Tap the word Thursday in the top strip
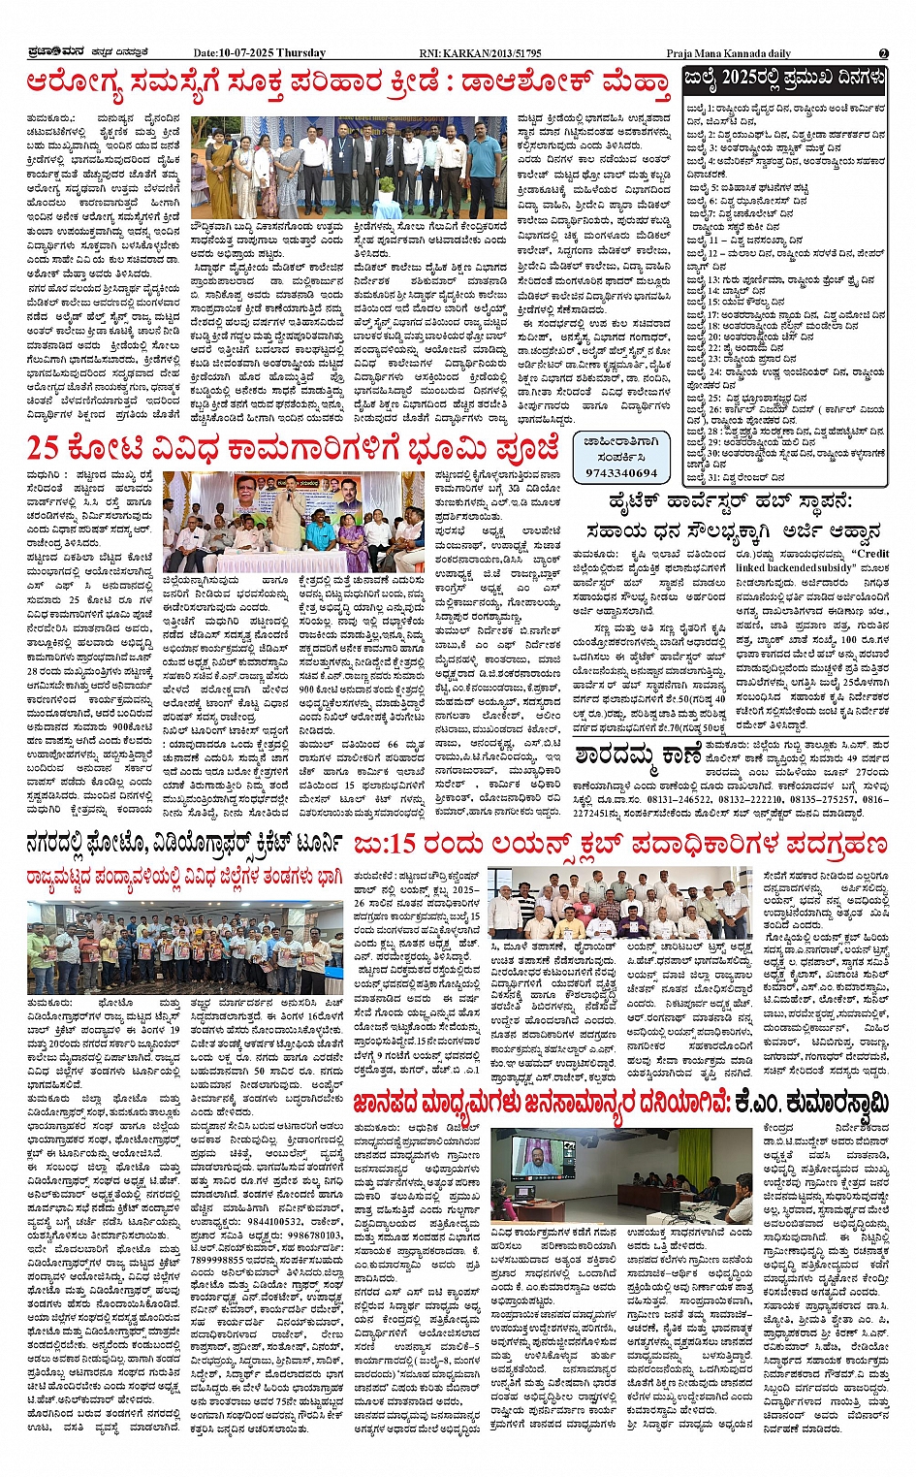point(301,53)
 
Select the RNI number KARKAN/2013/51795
point(494,53)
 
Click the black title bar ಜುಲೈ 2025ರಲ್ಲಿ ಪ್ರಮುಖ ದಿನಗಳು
point(784,79)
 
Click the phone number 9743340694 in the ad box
point(621,472)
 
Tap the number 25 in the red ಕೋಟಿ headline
point(43,447)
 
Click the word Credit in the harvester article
point(871,554)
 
